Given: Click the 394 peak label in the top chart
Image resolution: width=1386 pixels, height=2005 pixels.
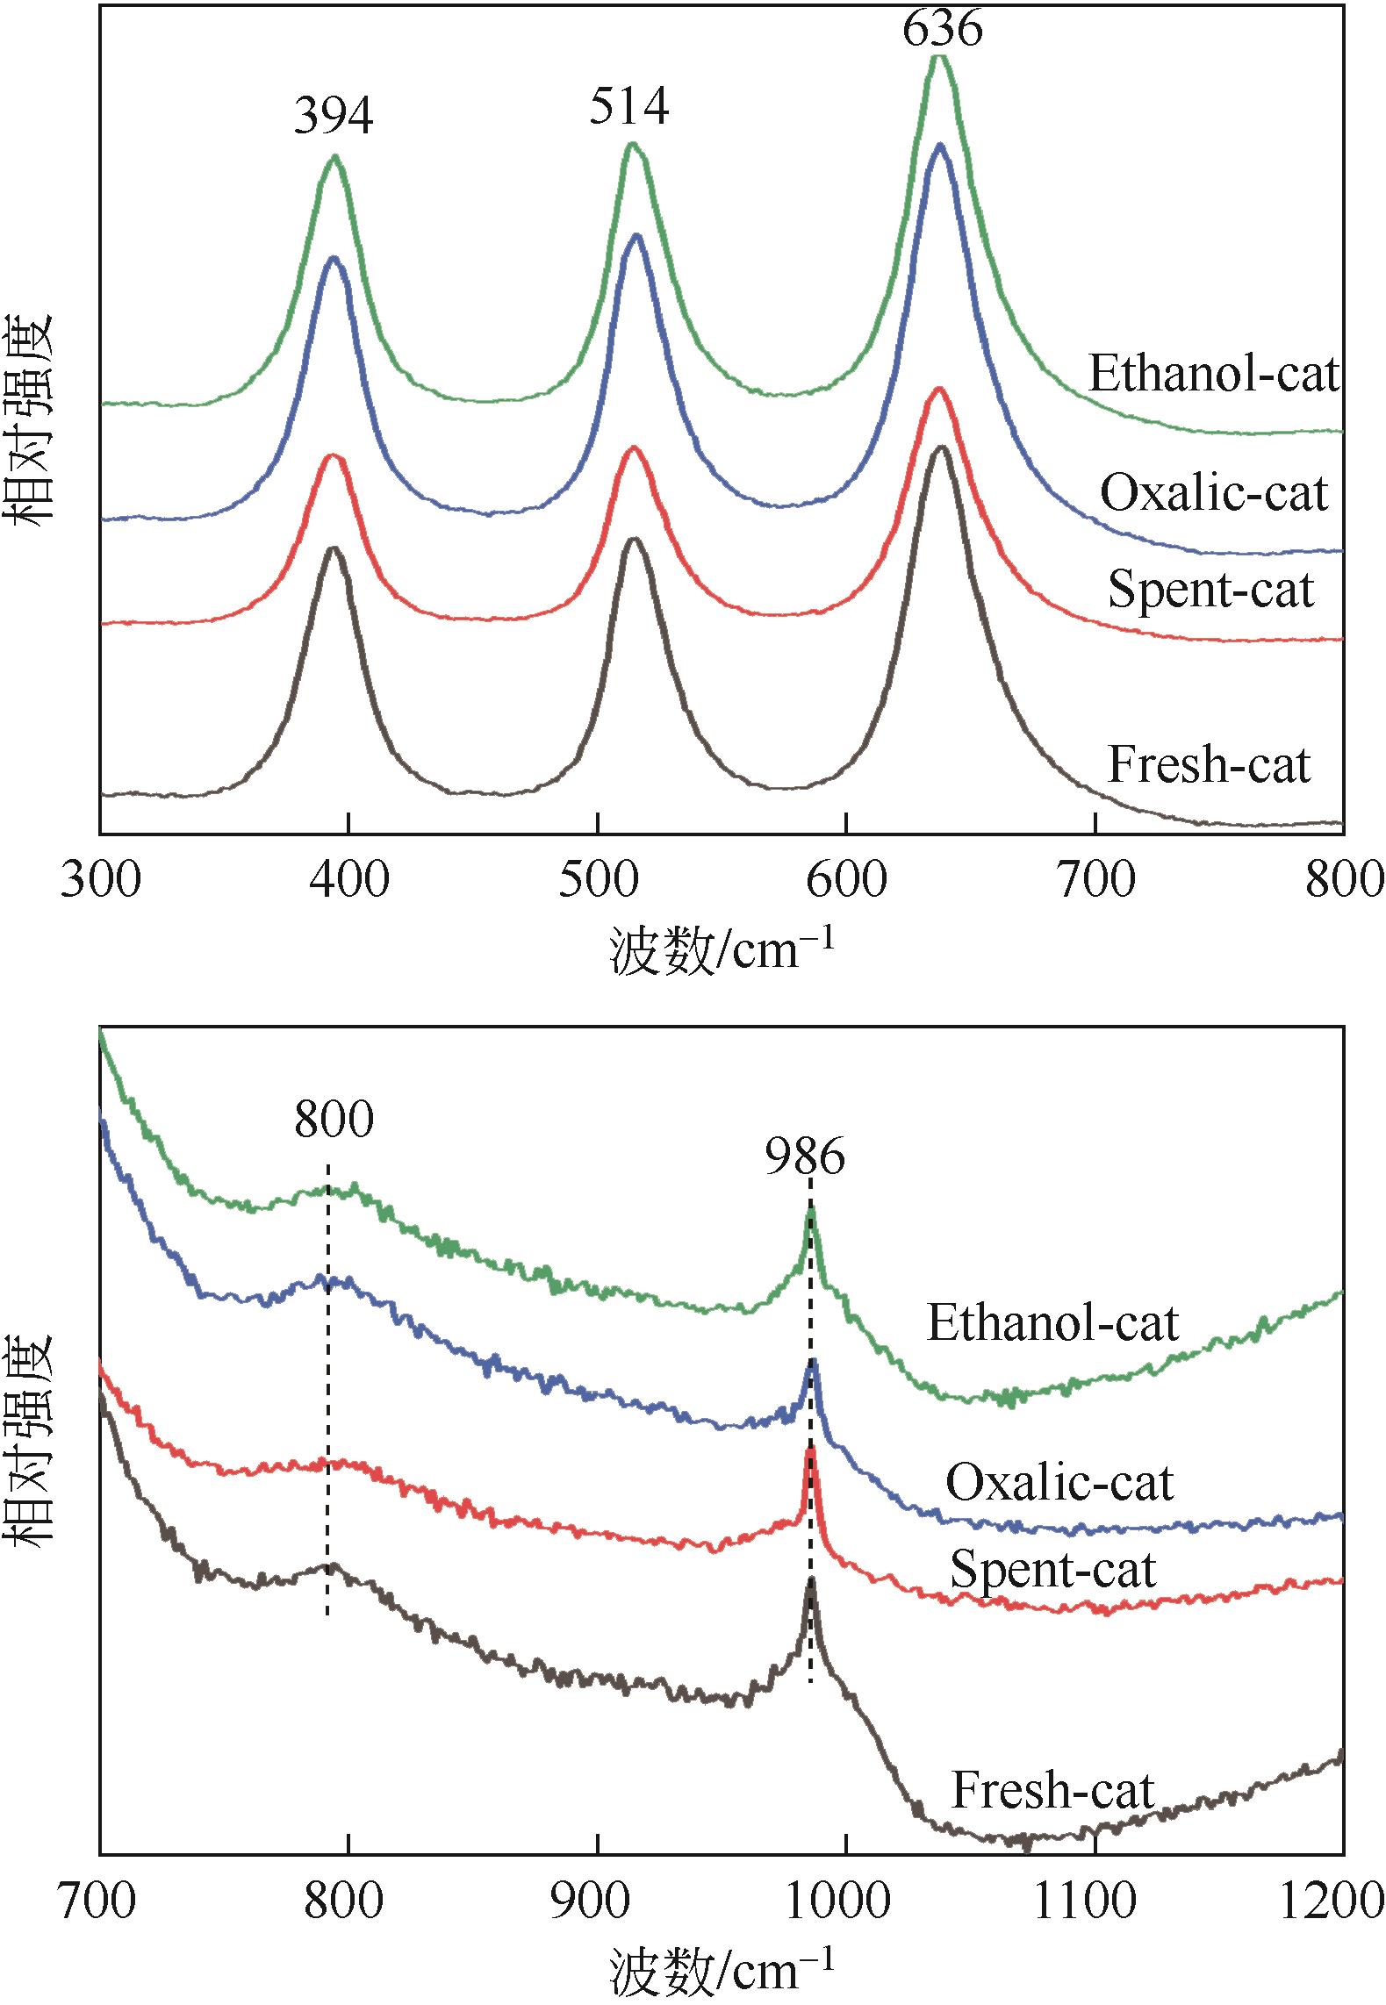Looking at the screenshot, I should (334, 117).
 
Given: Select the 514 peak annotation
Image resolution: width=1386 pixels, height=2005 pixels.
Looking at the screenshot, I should (629, 106).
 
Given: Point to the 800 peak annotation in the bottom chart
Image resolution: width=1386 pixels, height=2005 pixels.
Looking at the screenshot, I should (334, 1120).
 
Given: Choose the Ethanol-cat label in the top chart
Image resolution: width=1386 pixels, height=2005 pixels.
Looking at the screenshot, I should (1215, 374).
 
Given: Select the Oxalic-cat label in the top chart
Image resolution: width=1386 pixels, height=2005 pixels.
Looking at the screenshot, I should (1214, 493).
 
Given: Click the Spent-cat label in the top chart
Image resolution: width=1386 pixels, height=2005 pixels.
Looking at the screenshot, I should (1210, 589).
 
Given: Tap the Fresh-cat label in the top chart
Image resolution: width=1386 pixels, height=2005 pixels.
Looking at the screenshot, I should (1209, 764).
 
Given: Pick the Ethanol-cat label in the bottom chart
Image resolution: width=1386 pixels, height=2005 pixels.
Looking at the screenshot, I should (1052, 1322).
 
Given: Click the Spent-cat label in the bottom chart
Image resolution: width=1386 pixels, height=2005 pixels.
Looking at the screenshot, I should (1052, 1569).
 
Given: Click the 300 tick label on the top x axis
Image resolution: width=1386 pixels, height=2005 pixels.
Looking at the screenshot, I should (100, 880).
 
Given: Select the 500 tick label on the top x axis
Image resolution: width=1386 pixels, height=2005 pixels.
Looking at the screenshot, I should (597, 880).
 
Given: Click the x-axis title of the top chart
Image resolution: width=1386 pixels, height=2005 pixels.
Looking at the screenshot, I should (721, 951).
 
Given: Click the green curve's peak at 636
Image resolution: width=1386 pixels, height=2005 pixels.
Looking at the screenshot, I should (939, 58).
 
